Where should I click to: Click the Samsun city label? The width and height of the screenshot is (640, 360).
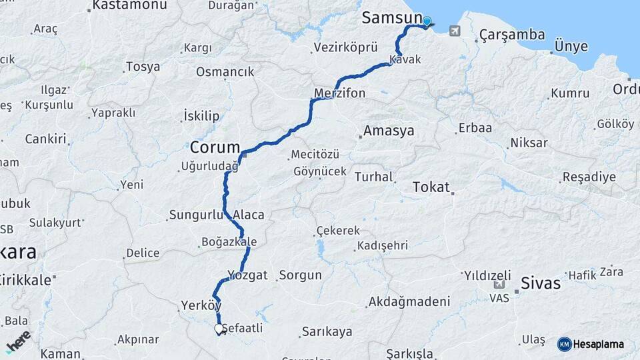point(392,18)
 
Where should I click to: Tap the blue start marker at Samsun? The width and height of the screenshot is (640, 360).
point(427,21)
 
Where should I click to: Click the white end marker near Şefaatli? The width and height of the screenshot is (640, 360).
point(218,329)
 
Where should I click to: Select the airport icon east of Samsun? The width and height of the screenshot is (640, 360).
point(455,31)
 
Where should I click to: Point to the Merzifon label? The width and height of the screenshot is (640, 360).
point(340,93)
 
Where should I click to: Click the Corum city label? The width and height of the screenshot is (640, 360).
point(215,147)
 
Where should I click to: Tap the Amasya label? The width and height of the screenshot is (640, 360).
point(389,131)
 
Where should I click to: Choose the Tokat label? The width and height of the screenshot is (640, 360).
point(431,187)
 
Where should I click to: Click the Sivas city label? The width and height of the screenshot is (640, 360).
point(541,282)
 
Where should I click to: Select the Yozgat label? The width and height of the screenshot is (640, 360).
point(247,275)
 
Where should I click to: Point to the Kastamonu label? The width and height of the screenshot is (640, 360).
point(129,5)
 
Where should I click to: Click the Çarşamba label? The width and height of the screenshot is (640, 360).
point(511,35)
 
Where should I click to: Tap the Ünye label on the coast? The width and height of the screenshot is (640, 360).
point(571,47)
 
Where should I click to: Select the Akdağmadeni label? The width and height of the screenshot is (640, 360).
point(408,302)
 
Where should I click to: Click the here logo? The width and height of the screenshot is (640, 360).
point(18,341)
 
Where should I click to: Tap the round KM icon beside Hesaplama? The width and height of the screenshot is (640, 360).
point(564,344)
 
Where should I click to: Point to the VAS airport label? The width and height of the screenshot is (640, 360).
point(499,298)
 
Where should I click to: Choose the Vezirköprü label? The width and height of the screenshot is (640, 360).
point(345,48)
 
